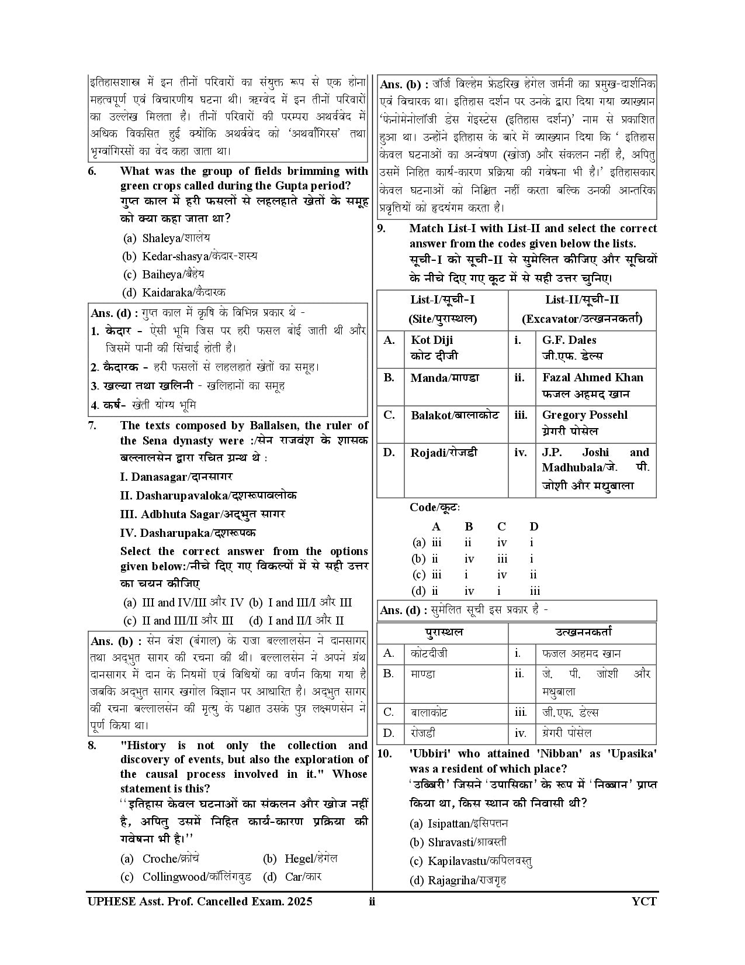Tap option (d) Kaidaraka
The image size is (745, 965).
[x=174, y=292]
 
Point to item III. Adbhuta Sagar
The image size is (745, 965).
[x=202, y=514]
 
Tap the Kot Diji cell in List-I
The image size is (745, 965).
[x=434, y=347]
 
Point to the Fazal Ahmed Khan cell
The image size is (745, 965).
[x=592, y=385]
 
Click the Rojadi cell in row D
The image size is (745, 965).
[x=443, y=452]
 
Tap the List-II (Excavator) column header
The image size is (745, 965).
[x=582, y=309]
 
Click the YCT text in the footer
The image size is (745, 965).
[x=644, y=901]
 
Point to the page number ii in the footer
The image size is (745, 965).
[x=372, y=901]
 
